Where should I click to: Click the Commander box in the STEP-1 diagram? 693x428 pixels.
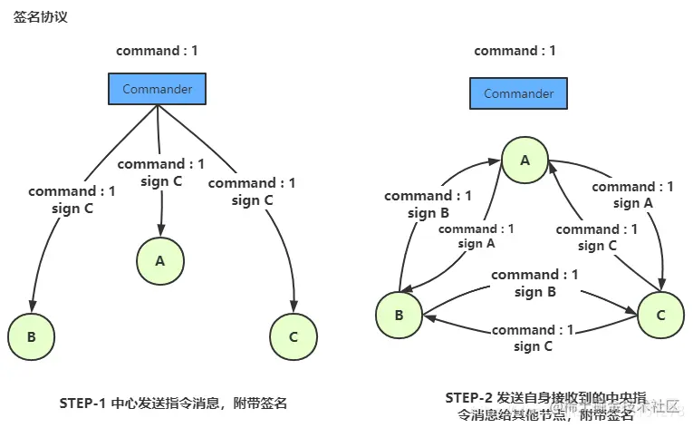158,89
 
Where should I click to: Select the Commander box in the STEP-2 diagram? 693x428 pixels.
518,93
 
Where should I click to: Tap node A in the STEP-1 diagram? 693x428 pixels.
160,261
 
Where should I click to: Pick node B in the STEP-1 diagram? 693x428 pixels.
31,336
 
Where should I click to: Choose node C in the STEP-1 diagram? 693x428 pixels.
293,336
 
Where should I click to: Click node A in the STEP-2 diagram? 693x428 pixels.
524,160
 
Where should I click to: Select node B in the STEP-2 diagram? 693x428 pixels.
399,315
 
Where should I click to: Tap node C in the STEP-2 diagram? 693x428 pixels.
660,315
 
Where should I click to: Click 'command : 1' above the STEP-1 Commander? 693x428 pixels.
157,51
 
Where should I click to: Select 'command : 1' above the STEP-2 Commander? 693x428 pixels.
515,51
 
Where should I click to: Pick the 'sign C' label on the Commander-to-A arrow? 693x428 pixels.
161,181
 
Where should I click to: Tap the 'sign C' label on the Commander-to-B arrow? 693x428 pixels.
72,209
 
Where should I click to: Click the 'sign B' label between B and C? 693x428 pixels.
534,292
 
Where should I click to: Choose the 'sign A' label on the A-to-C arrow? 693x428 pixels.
632,204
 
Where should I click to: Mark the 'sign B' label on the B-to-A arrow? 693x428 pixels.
428,213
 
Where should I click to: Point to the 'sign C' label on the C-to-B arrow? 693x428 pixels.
534,346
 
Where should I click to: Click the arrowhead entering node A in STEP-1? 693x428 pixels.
161,232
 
